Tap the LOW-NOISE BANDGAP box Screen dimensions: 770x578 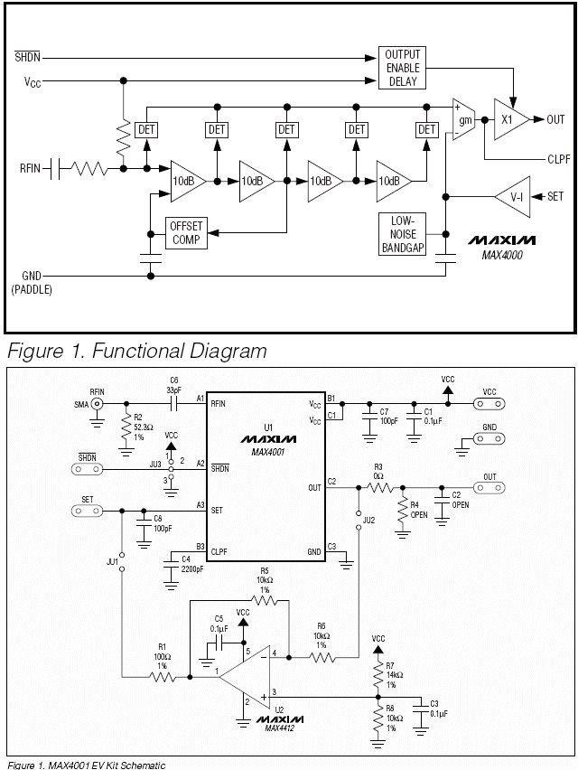point(403,233)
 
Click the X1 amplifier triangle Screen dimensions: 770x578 point(510,118)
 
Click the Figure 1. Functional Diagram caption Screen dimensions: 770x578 point(136,350)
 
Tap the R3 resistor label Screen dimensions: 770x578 point(379,466)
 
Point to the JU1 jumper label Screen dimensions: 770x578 point(112,561)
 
